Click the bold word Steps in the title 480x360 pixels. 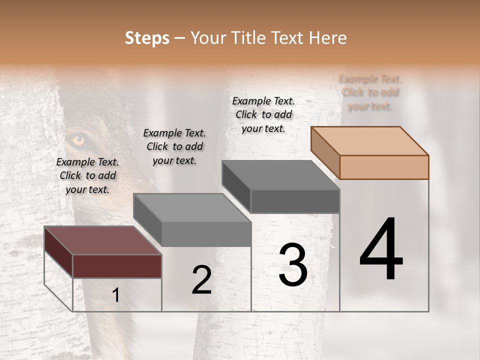147,38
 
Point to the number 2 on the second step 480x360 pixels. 201,280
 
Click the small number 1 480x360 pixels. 116,295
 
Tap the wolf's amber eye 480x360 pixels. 78,140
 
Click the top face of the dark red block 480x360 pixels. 102,240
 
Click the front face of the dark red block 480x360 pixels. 117,266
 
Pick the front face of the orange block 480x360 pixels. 384,167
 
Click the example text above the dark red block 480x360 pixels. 87,175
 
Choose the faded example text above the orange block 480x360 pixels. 370,92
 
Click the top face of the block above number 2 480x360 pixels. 192,207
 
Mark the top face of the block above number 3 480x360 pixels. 280,175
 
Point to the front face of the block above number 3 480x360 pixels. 295,201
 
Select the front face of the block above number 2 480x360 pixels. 206,234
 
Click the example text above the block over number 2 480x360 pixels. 174,146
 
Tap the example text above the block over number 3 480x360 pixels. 263,114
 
